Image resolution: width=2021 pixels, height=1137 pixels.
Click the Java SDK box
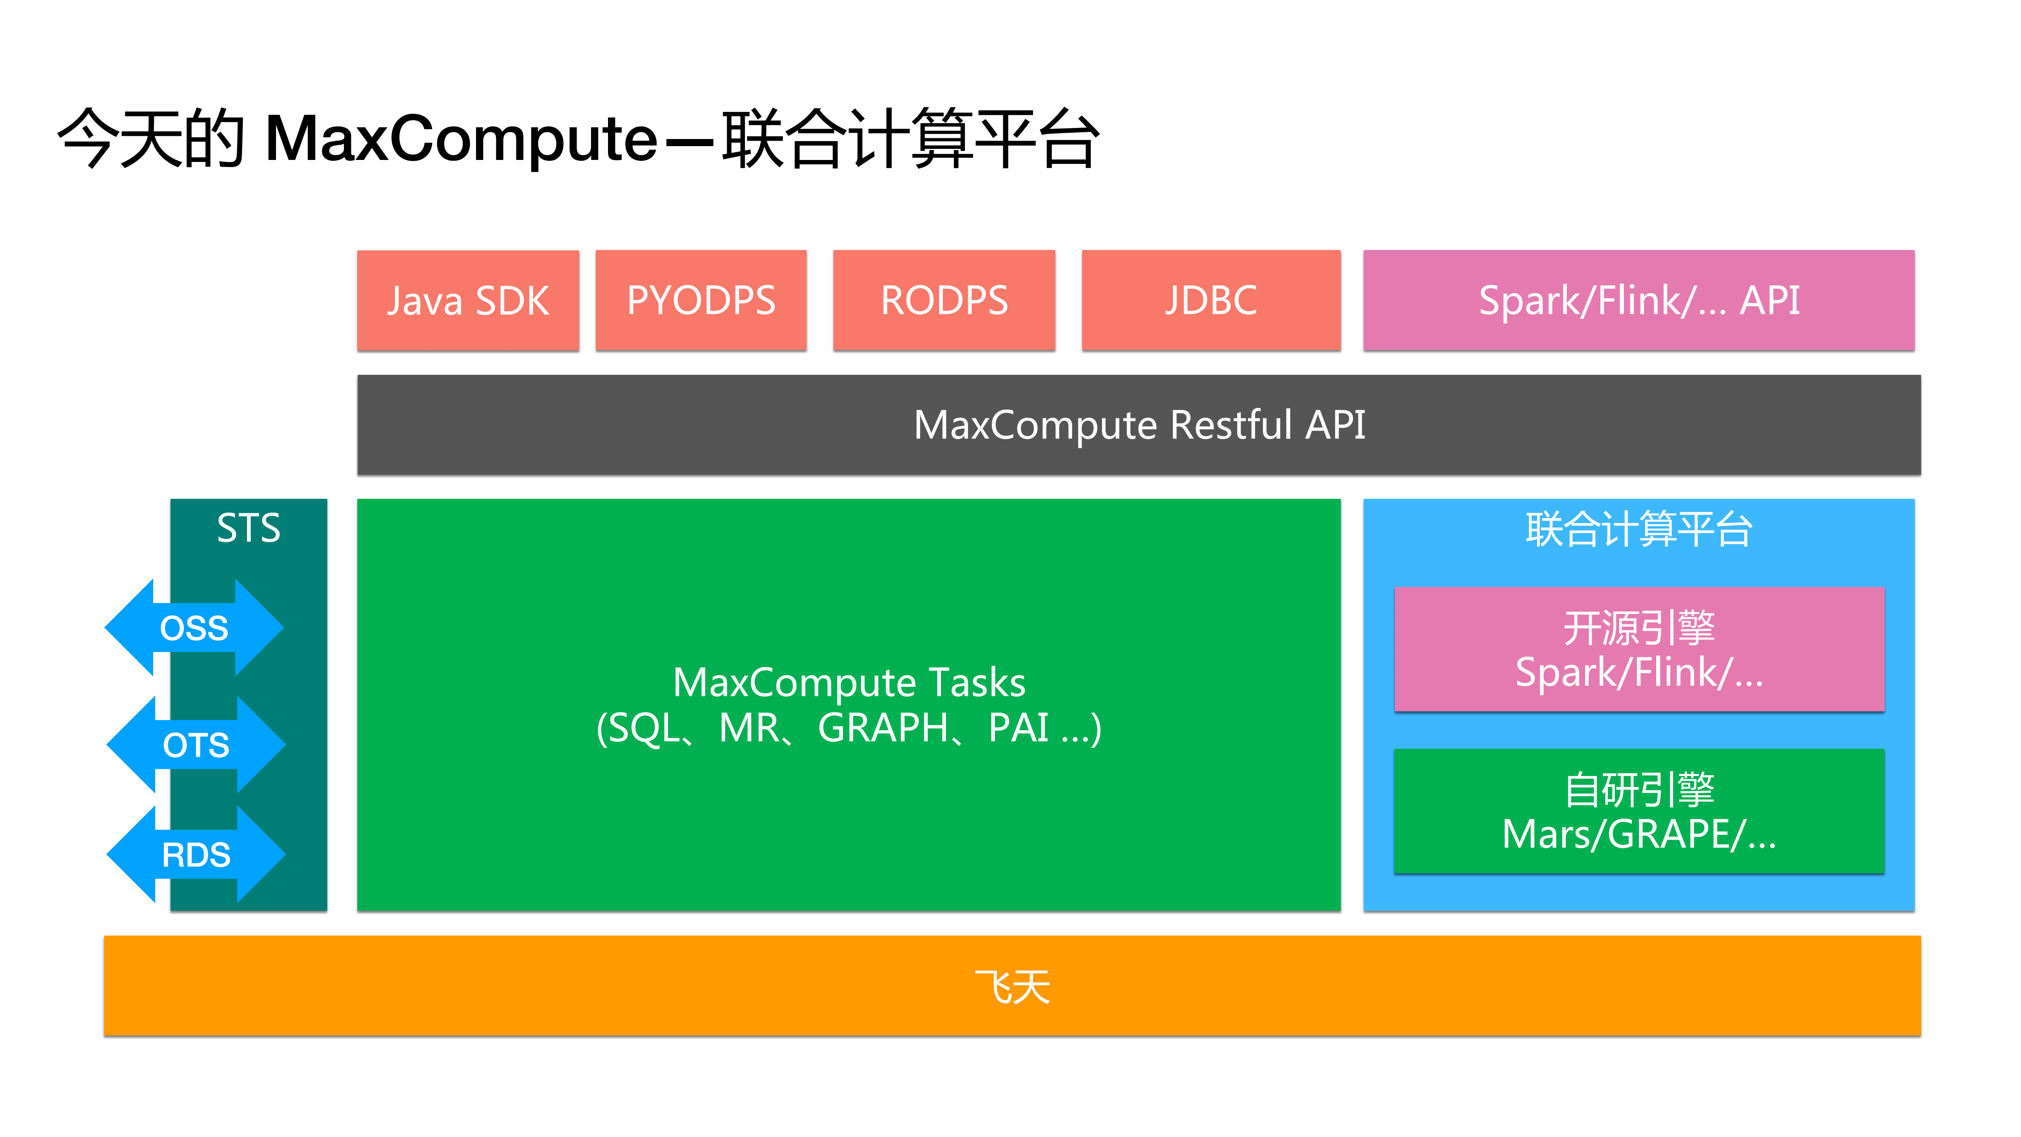[467, 301]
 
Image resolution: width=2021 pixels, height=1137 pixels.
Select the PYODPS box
[701, 301]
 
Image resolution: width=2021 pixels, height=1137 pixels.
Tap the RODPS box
[944, 301]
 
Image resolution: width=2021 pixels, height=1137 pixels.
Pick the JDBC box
[1210, 301]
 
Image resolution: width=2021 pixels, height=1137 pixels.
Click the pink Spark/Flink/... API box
[1638, 301]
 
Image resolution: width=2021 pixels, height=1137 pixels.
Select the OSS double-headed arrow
[194, 628]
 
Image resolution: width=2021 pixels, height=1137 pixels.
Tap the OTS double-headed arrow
[195, 745]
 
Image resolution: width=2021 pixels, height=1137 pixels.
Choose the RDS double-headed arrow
[195, 855]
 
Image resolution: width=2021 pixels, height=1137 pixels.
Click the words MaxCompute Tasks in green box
[849, 682]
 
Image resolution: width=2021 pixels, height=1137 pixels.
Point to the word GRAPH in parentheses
[883, 727]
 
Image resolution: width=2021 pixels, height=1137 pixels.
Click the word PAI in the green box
[1018, 727]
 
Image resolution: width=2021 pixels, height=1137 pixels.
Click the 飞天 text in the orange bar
[1012, 987]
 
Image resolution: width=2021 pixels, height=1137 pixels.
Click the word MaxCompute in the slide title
[461, 139]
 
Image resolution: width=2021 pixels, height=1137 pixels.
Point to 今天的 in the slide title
[151, 139]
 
